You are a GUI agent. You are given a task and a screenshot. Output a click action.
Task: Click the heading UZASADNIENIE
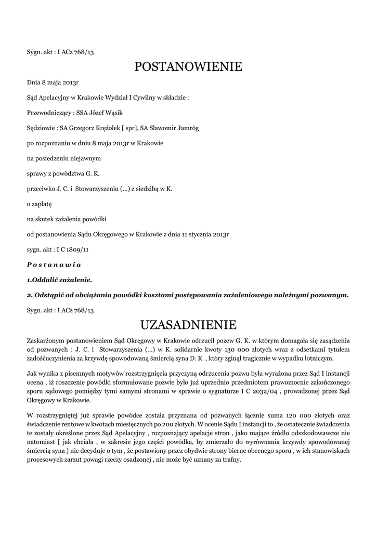coord(188,325)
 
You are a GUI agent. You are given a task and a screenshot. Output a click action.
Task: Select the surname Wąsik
coord(113,112)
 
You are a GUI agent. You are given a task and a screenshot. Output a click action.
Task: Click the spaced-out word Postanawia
coord(54,265)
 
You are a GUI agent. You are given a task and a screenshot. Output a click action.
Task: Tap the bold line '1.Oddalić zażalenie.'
coord(59,280)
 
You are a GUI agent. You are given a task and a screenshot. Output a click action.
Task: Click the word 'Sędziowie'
coord(42,128)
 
